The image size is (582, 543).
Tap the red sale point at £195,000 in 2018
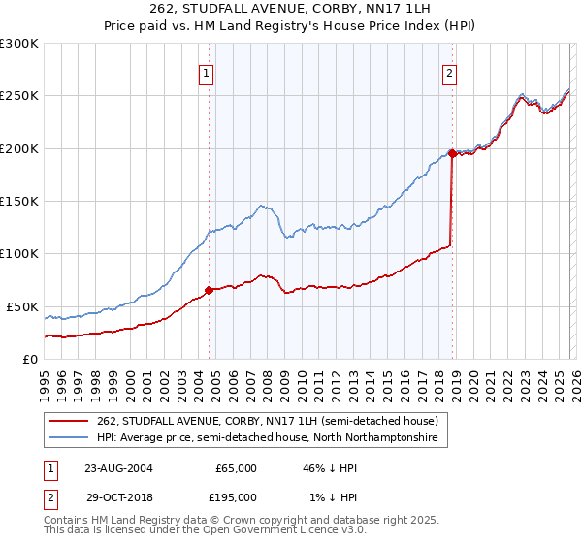click(452, 153)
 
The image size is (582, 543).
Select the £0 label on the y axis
click(29, 359)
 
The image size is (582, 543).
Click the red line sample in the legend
click(70, 421)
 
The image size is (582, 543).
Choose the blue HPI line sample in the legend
click(70, 438)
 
